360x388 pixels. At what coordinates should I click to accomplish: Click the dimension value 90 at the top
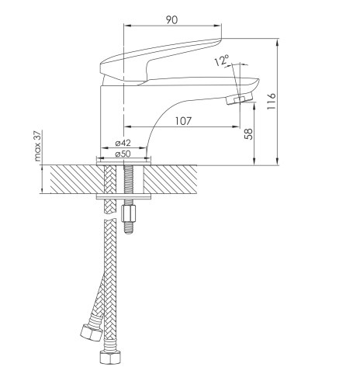(x=171, y=19)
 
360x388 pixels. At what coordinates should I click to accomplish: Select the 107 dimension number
(x=183, y=121)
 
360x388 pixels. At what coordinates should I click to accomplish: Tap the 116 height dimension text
(x=272, y=101)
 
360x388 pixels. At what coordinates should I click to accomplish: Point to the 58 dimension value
(x=248, y=134)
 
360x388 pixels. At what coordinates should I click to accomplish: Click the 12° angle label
(x=222, y=61)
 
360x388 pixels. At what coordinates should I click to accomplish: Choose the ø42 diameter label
(x=123, y=143)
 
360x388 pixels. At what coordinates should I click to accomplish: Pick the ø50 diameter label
(x=123, y=154)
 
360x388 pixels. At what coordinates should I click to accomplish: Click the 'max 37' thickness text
(x=38, y=146)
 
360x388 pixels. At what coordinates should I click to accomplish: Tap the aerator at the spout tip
(x=239, y=99)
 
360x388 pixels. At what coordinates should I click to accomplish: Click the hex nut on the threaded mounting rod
(x=128, y=213)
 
